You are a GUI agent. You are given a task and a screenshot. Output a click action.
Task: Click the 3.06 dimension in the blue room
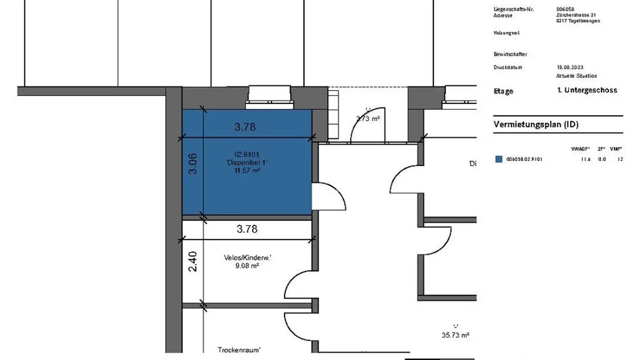click(192, 164)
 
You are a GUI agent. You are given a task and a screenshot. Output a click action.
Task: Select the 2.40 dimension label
click(192, 262)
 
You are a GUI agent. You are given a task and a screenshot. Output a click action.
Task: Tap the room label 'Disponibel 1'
click(247, 163)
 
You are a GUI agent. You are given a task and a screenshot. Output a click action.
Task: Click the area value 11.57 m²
click(247, 170)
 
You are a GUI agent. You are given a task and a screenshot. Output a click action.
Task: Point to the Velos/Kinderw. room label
click(247, 258)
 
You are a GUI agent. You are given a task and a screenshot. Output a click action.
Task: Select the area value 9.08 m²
click(247, 266)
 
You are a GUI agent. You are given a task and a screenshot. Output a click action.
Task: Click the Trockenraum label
click(239, 350)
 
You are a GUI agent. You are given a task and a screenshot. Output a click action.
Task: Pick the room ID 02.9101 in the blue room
click(247, 155)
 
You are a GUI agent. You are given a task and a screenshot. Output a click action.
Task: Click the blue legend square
click(499, 159)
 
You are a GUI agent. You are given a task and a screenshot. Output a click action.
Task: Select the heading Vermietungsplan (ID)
click(536, 124)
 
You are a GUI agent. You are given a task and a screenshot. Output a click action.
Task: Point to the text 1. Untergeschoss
click(587, 90)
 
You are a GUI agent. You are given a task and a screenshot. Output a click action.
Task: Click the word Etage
click(503, 91)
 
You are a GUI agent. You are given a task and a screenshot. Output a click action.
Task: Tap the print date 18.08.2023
click(569, 68)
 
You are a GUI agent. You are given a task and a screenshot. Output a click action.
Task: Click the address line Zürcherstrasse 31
click(576, 15)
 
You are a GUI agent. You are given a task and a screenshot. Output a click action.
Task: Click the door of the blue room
click(329, 196)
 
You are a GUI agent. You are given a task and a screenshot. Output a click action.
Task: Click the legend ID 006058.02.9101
click(524, 159)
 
